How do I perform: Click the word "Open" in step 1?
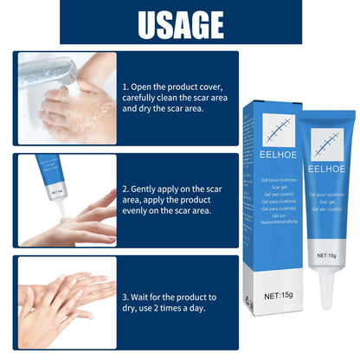(x=145, y=87)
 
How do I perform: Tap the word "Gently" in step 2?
(x=149, y=187)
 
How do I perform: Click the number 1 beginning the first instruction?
(x=125, y=87)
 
